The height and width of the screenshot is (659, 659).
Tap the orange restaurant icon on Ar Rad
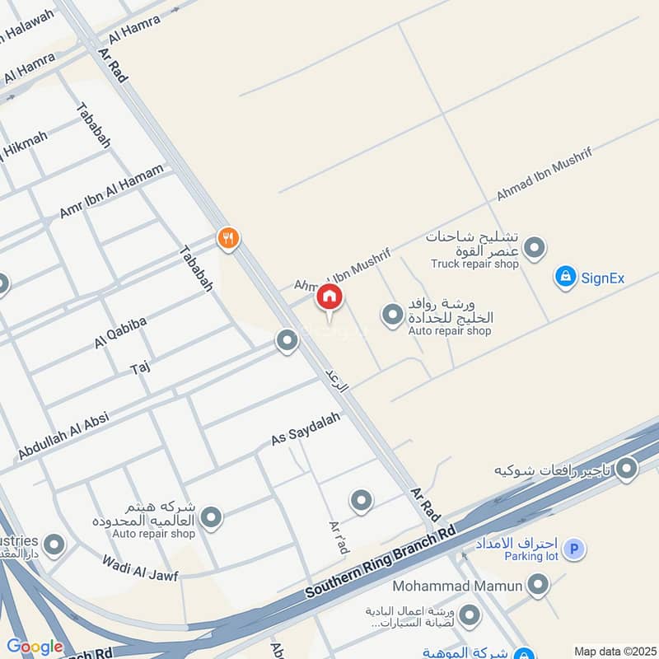point(228,239)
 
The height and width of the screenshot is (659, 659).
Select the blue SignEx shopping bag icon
point(564,277)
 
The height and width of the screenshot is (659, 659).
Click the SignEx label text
point(603,278)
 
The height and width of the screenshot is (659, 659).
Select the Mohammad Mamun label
point(457,586)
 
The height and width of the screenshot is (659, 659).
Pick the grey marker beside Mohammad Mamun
point(538,585)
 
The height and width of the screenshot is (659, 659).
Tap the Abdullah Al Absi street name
point(63,436)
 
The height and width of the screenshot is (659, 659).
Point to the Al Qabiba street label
point(120,333)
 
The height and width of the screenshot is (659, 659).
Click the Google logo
point(34,647)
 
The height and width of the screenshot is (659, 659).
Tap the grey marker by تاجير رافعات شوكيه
point(627,469)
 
